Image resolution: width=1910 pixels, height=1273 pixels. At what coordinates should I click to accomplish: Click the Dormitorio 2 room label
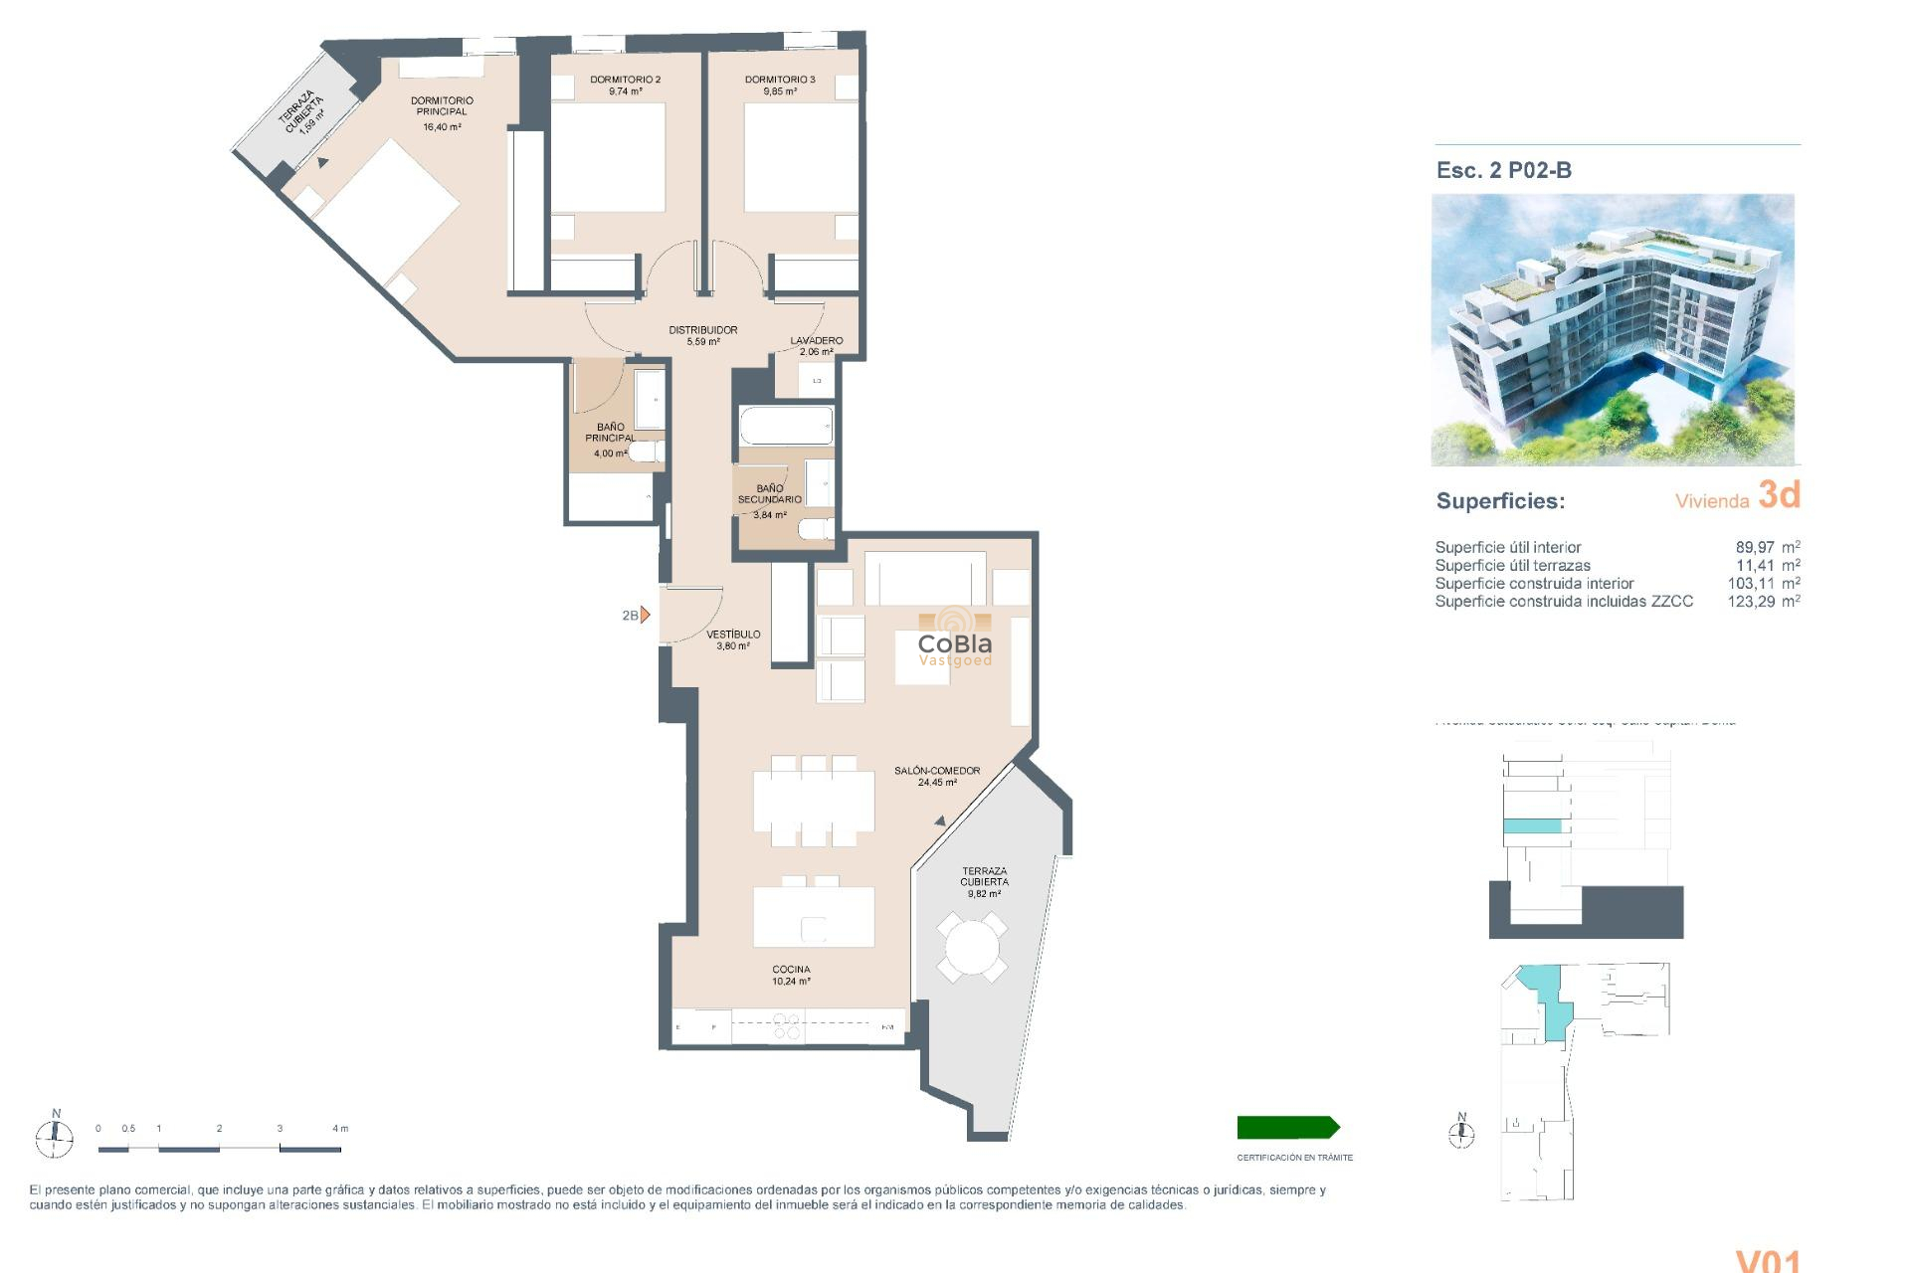(625, 80)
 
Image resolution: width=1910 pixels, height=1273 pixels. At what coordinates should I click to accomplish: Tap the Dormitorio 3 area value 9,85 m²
(780, 91)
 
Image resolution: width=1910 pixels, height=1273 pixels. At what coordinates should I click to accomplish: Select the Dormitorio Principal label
(442, 106)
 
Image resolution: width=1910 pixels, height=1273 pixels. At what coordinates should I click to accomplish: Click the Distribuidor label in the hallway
(703, 330)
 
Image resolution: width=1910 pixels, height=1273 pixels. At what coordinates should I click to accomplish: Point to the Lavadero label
(817, 340)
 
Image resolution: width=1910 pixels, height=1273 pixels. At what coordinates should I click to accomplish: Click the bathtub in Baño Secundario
(786, 426)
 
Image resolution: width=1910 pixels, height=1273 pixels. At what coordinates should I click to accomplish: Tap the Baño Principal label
(610, 433)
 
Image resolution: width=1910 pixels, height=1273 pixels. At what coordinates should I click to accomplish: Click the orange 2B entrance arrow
(645, 615)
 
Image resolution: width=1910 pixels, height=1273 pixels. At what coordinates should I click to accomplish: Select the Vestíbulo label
(733, 635)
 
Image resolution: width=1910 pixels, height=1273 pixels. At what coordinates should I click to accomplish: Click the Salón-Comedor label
(937, 771)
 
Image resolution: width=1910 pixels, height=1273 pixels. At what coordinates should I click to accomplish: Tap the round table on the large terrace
(971, 948)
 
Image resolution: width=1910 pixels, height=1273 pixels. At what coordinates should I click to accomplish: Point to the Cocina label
(791, 970)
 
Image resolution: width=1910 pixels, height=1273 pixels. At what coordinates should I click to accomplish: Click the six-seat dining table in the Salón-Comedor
(814, 802)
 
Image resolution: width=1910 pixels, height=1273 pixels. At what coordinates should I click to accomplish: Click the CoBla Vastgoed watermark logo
(954, 644)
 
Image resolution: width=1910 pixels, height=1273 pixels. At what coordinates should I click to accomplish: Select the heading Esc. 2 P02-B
(1503, 170)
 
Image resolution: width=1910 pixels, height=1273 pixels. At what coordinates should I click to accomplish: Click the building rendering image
(1613, 329)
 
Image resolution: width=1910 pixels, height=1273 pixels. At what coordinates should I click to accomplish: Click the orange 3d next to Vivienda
(1779, 494)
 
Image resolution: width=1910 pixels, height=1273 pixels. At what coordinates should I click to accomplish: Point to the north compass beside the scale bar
(55, 1135)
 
